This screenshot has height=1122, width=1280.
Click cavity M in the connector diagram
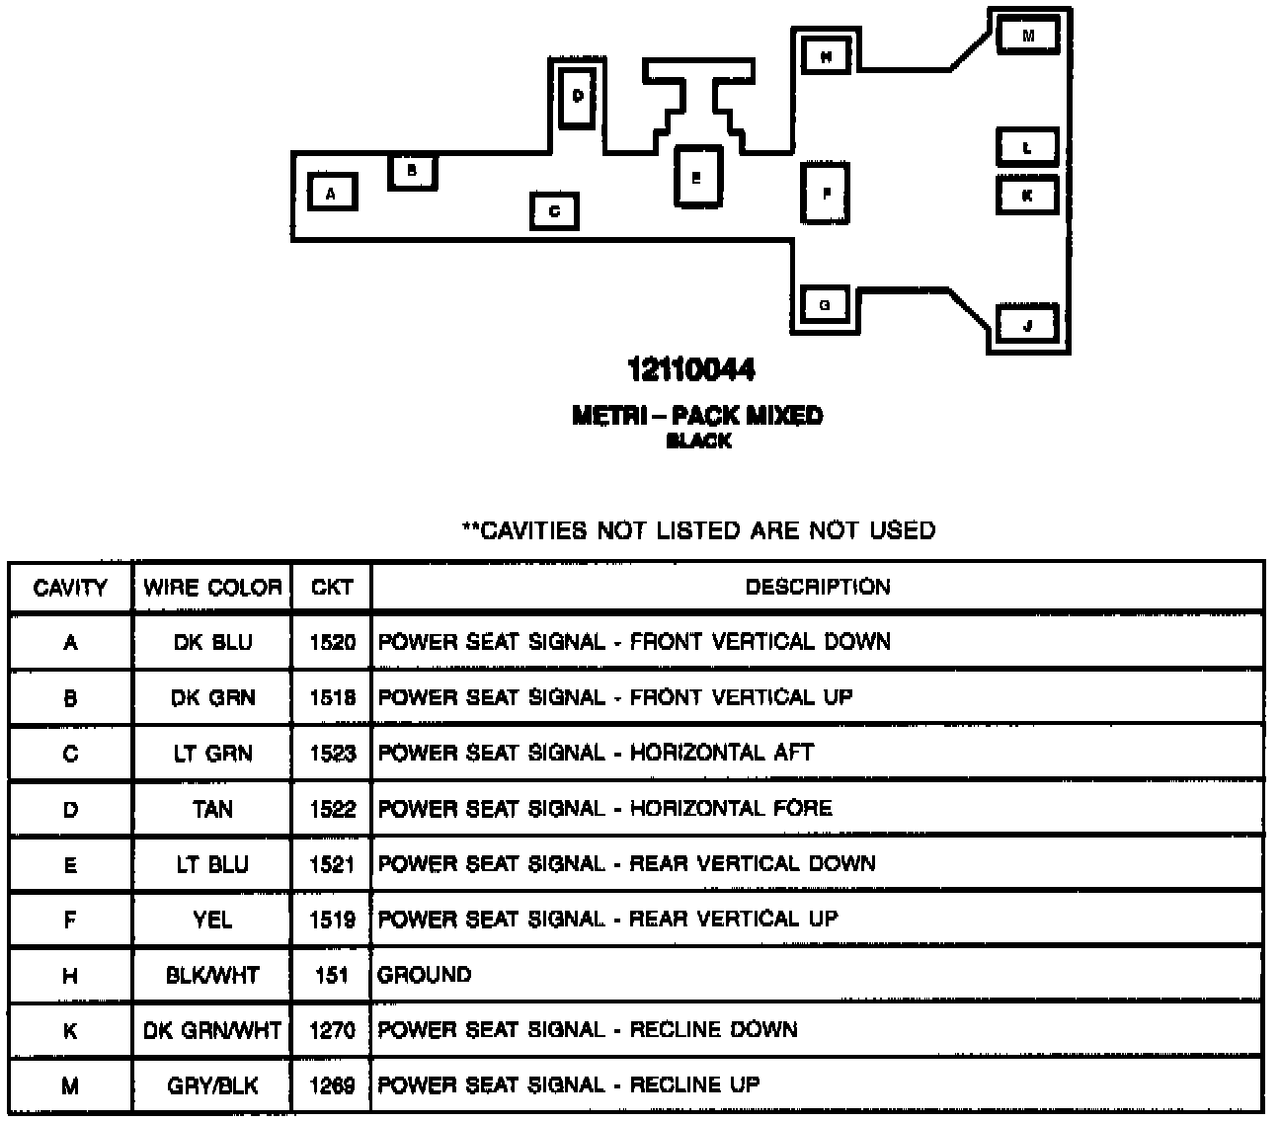[1027, 36]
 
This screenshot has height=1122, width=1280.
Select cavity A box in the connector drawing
[331, 193]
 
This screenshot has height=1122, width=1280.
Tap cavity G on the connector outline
[825, 305]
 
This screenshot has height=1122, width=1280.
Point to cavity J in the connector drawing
[1027, 324]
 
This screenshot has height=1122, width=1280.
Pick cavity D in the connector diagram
[578, 96]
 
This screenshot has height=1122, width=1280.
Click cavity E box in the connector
[696, 178]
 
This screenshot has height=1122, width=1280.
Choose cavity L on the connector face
[1027, 148]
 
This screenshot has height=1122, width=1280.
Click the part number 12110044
[691, 370]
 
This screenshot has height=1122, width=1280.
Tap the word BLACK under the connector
[698, 441]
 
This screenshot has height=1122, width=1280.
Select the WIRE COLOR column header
[212, 588]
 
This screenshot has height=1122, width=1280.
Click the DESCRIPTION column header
[818, 588]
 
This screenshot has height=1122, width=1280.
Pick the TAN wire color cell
[212, 810]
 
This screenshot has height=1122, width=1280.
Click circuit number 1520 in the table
[332, 643]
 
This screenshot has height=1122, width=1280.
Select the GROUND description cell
[425, 976]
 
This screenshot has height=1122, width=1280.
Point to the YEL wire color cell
[212, 921]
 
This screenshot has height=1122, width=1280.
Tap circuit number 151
[332, 976]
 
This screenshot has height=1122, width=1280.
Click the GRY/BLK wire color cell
[212, 1086]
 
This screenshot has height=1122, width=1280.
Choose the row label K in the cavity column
[70, 1031]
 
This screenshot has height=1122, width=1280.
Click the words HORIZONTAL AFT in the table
[722, 754]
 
